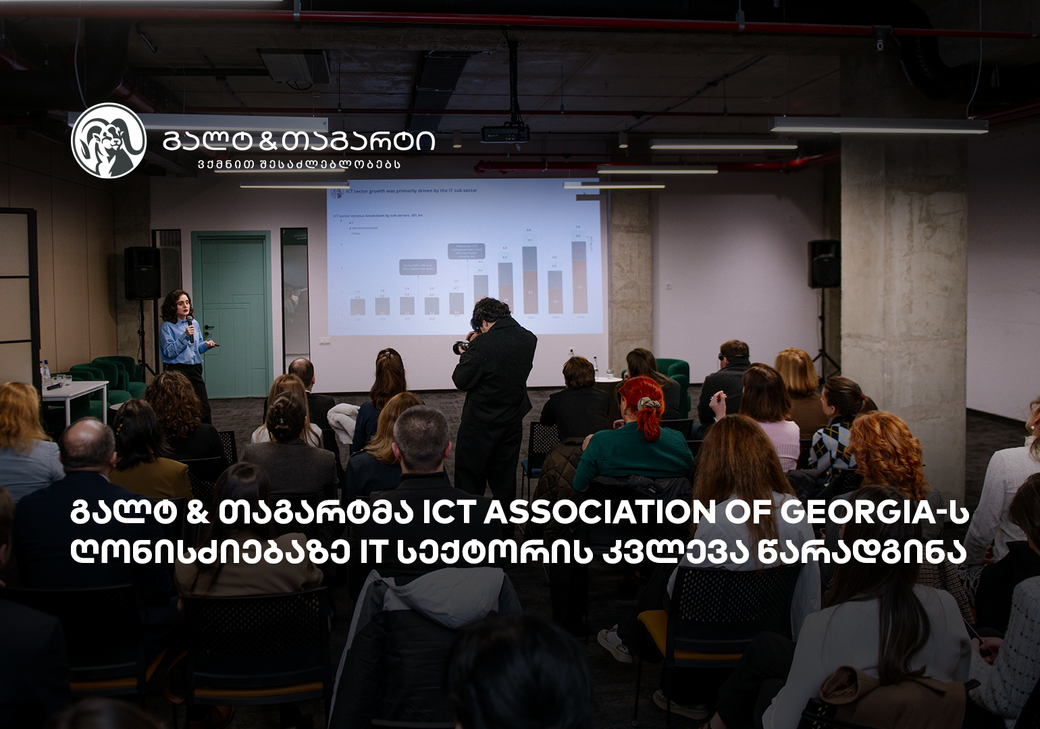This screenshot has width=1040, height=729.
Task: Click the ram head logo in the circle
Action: [x=109, y=140]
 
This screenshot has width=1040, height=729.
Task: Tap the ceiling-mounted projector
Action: [x=504, y=132]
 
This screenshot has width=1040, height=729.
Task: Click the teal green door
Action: [x=232, y=314]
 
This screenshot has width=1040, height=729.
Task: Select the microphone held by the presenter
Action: [x=190, y=325]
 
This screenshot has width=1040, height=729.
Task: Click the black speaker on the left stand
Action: [x=142, y=273]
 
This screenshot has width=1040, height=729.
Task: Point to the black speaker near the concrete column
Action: [x=824, y=263]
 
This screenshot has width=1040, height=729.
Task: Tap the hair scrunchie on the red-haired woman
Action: [x=650, y=404]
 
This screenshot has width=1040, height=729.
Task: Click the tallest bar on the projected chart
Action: [x=579, y=277]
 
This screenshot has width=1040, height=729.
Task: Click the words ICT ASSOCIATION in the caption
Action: [x=567, y=513]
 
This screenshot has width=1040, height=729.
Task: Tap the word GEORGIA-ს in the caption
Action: [x=875, y=513]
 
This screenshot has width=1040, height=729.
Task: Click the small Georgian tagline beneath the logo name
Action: [x=298, y=164]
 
